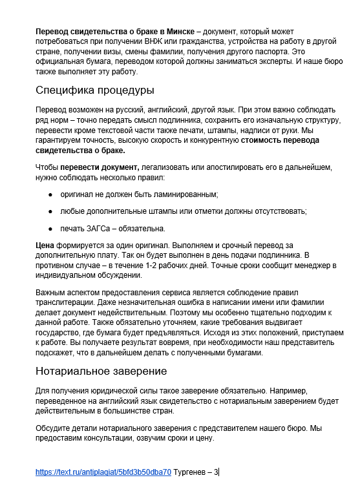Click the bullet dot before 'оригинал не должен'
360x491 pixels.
50,194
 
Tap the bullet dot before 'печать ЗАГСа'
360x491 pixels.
50,228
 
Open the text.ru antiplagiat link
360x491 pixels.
103,472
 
